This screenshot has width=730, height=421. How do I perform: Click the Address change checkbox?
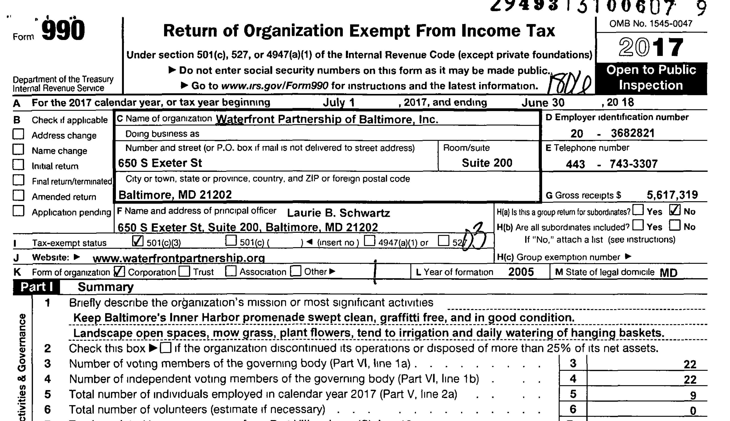coord(18,135)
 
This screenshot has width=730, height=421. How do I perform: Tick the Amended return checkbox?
coord(18,195)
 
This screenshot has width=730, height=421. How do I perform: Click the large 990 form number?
coord(63,30)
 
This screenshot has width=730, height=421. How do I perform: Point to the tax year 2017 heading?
coord(651,48)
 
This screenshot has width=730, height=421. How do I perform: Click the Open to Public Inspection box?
coord(651,78)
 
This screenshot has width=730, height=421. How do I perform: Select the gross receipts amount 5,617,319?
coord(672,195)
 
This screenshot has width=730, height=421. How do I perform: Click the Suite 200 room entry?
coord(487,163)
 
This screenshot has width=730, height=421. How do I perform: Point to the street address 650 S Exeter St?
coord(160,163)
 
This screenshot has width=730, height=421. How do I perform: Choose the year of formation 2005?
coord(521,272)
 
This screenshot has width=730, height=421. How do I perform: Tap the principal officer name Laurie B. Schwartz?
coord(338,213)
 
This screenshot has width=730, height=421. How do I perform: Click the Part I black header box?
coord(36,287)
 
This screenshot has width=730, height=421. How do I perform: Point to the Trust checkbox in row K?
coord(184,272)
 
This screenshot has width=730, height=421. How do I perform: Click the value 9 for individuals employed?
coord(693,395)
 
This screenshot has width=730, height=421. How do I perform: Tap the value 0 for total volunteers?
coord(693,410)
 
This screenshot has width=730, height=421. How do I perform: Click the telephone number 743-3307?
coord(633,164)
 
